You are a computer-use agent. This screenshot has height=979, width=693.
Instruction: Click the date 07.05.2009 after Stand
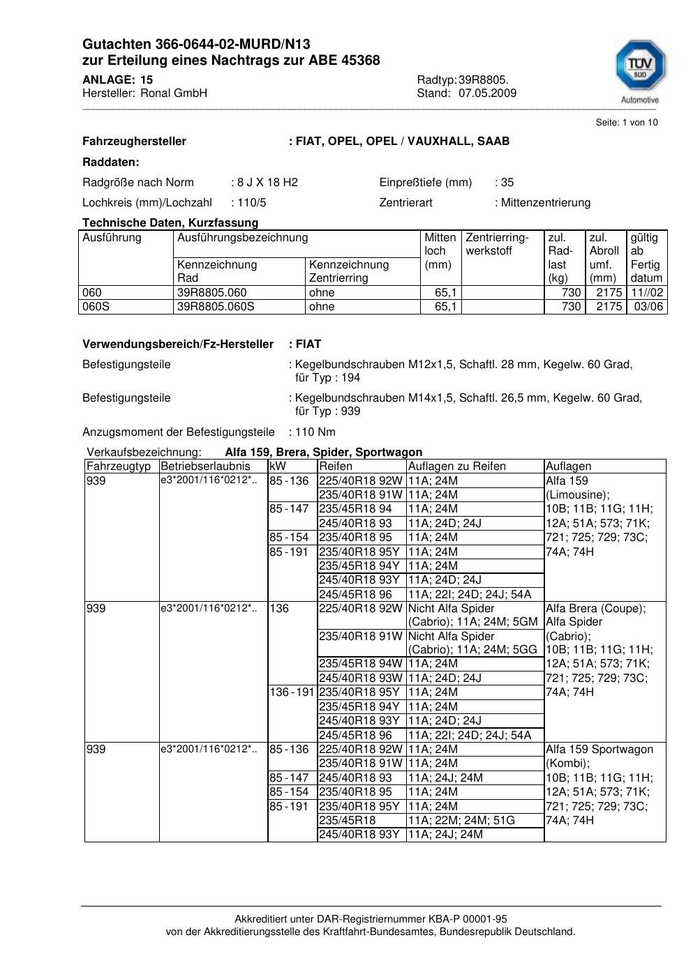pos(487,93)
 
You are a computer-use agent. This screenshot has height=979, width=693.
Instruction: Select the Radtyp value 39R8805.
pos(484,79)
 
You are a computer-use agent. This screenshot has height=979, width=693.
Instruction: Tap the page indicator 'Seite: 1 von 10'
pos(627,123)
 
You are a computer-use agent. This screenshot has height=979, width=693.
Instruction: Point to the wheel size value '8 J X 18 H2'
pos(267,183)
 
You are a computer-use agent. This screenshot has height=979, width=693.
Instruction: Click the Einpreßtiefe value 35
pos(507,183)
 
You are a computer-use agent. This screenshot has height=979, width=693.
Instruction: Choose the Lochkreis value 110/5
pos(252,203)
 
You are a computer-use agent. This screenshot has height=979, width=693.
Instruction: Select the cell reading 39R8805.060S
pos(216,307)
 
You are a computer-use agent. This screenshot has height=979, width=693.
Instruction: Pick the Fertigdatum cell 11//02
pos(647,293)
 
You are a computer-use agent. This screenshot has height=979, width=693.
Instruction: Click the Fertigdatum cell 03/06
pos(649,307)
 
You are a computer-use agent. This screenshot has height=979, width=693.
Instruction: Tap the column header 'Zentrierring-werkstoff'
pos(497,244)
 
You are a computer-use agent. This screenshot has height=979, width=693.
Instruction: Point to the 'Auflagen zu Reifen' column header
pos(456,466)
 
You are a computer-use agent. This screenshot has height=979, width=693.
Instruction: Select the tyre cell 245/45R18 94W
pos(361,664)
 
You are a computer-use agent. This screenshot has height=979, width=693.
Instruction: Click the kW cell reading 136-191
pos(292,692)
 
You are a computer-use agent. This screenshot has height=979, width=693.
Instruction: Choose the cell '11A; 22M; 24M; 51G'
pos(461,821)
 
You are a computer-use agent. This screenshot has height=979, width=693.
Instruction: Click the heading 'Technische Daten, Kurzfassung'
pos(170,223)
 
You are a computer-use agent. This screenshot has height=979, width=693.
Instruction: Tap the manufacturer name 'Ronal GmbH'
pos(174,93)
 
